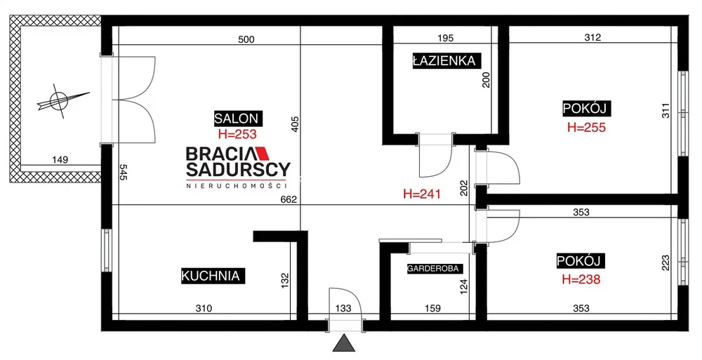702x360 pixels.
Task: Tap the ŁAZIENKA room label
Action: [444, 60]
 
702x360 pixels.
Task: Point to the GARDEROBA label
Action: [433, 269]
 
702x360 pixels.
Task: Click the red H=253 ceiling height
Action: [237, 134]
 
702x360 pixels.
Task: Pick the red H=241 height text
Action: [422, 194]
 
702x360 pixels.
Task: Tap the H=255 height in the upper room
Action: [586, 127]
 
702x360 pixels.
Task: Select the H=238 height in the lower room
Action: [581, 279]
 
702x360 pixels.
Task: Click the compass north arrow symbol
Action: [61, 101]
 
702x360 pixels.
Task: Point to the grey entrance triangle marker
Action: [344, 343]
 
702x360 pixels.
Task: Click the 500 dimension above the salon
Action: [246, 39]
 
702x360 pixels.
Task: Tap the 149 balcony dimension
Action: [60, 159]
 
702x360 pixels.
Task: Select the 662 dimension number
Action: [289, 200]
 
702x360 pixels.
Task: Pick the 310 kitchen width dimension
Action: [204, 308]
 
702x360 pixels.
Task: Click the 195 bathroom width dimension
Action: [445, 38]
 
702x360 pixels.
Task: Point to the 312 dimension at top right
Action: [592, 38]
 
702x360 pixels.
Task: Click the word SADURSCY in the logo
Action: [238, 169]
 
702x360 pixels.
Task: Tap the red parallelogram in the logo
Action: [261, 154]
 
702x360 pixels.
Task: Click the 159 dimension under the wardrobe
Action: [432, 308]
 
